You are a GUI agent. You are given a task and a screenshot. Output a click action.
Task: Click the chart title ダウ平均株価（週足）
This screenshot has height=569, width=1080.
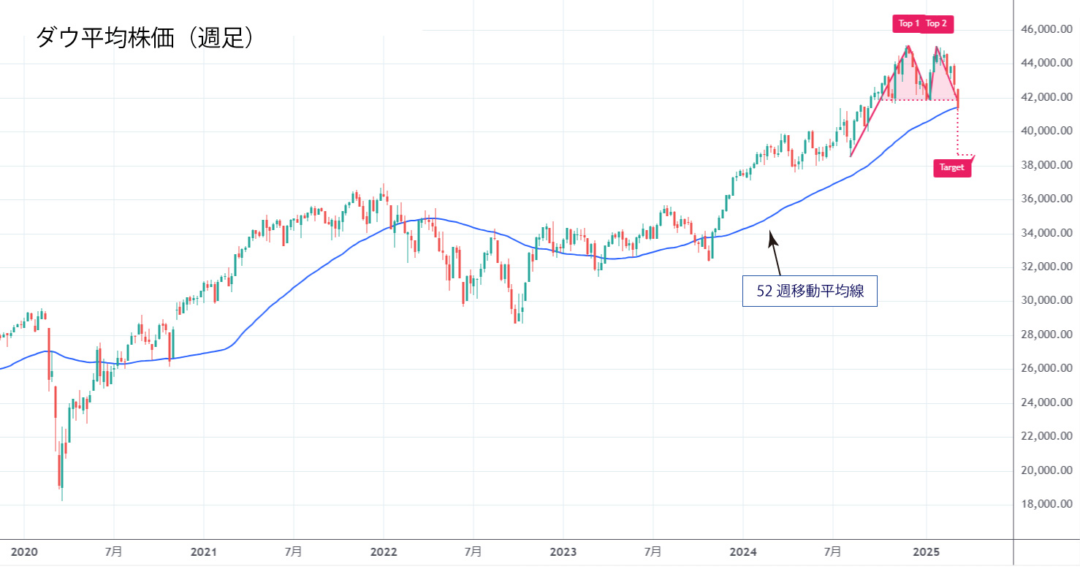tap(145, 37)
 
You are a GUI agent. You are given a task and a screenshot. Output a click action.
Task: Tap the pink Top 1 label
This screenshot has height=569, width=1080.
tap(909, 23)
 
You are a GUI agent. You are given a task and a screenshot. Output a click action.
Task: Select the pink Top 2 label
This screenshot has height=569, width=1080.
tap(936, 23)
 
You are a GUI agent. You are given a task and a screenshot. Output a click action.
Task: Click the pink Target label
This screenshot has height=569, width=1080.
tap(952, 167)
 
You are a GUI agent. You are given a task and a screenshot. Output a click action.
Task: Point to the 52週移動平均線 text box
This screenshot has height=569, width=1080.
tap(810, 291)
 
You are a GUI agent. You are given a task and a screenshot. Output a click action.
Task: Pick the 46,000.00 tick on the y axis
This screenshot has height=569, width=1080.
tap(1046, 29)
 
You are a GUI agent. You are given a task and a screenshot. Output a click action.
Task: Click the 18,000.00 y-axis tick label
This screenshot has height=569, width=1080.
tap(1046, 504)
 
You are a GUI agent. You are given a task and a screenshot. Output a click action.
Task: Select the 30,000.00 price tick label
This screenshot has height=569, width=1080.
tap(1046, 300)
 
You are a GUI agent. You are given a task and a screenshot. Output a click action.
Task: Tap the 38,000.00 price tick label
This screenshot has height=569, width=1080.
tap(1046, 165)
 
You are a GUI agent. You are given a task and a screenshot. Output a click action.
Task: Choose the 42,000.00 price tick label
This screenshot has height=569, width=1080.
tap(1046, 97)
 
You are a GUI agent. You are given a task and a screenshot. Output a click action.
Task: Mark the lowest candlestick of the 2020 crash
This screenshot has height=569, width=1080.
tap(61, 478)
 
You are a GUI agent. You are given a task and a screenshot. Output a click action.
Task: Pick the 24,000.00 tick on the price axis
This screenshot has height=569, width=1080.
tap(1046, 402)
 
